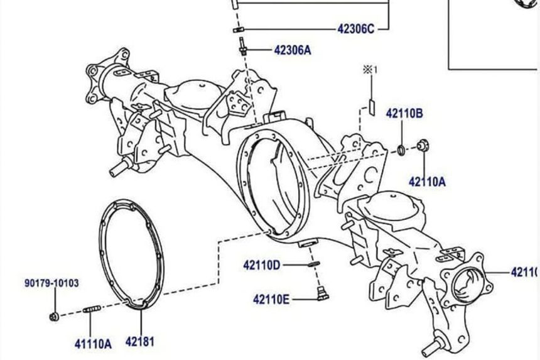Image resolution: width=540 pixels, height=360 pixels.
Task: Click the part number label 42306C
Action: pos(355,29)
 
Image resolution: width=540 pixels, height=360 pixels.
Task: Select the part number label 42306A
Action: pos(292,50)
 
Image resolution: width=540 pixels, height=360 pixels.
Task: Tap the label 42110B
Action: pos(404,114)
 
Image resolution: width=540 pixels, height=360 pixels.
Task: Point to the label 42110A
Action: pos(427,182)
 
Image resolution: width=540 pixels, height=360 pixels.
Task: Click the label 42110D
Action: pos(262,265)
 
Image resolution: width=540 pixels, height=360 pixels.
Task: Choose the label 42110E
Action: pos(271,299)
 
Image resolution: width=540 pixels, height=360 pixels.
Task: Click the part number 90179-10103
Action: pos(52,283)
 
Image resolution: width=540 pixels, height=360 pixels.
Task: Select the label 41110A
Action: pos(92,344)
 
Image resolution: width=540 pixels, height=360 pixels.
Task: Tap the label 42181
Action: pos(139,342)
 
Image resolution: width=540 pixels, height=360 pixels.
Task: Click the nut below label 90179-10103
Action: pos(53,315)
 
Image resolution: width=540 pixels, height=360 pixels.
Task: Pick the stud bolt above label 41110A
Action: pos(92,310)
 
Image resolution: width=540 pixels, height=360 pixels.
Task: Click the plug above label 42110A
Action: pos(423,146)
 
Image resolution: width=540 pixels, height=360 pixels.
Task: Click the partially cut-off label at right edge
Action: pos(525,272)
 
